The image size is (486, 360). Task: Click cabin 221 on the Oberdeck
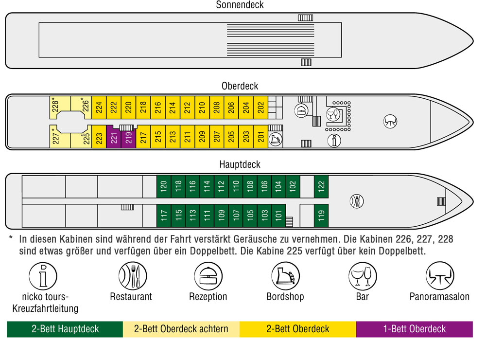coord(113,138)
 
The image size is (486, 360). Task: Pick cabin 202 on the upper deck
coord(260,108)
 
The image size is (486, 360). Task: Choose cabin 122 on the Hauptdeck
coord(321,186)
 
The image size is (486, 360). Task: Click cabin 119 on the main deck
coord(321,216)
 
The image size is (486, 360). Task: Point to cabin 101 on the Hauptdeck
coord(278,216)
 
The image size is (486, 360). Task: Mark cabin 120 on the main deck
coord(164,186)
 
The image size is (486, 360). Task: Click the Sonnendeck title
coord(240,5)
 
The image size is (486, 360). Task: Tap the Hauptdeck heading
coord(240,164)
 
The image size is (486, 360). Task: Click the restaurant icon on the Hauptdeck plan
coord(357,201)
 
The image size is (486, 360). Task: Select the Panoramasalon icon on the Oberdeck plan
coord(390,121)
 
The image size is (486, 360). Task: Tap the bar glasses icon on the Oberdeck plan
coord(333,114)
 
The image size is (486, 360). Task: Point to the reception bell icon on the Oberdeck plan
coord(301,110)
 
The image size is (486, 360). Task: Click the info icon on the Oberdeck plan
coord(334,141)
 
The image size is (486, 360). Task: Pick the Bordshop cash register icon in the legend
coord(285,276)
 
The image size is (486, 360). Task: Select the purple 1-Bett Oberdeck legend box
coord(415,329)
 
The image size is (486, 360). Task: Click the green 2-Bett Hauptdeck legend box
coord(65,329)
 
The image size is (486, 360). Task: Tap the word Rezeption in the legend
coord(208,297)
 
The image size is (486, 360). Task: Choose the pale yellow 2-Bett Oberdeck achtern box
coord(181,329)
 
